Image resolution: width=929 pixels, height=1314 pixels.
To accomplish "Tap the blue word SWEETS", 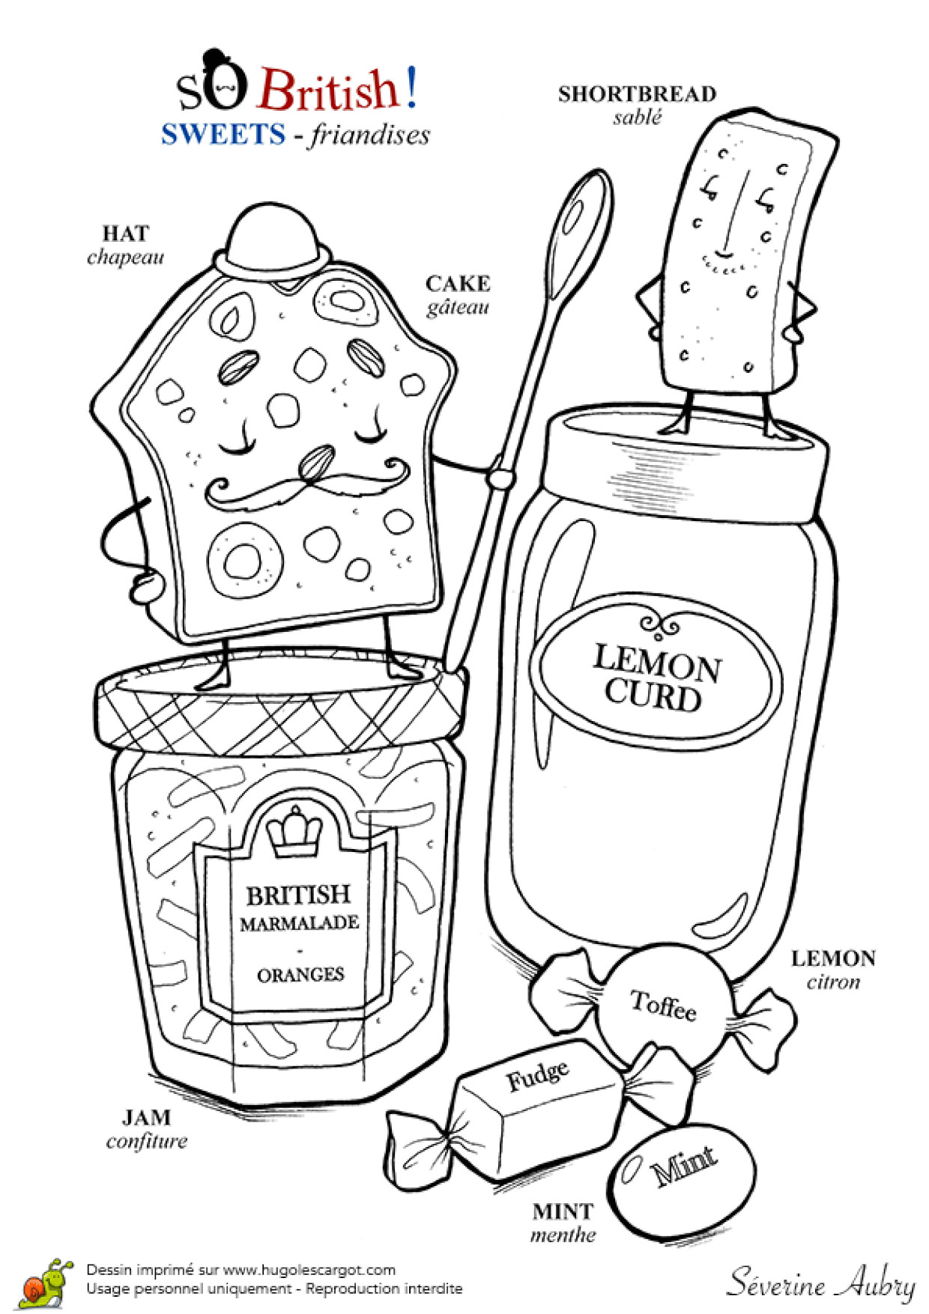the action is pos(223,134).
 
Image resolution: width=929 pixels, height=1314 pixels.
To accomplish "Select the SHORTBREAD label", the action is pos(637,94).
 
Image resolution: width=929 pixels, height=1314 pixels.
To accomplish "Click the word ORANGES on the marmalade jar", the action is pos(300,975).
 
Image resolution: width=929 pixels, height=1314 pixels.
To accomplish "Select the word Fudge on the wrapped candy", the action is pos(537,1075).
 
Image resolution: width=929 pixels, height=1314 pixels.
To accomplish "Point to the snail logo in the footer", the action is pos(46,1281).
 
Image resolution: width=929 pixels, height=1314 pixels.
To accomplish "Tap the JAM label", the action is pos(147,1118).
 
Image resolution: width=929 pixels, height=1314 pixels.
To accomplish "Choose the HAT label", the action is pos(125,234).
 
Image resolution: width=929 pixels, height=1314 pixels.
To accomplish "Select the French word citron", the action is pos(833,982).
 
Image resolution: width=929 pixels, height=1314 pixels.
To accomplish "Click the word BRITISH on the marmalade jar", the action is pos(298,895).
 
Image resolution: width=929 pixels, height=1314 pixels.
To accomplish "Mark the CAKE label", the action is pos(458,284).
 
